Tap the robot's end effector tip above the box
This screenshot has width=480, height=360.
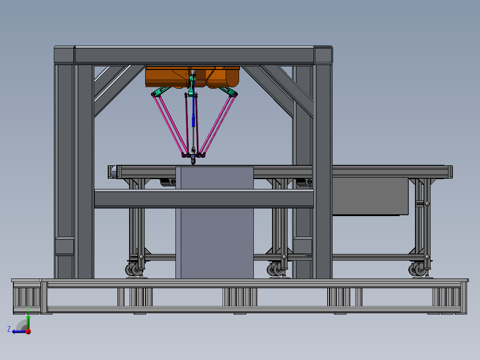(192, 162)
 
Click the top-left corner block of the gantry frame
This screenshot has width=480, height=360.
(64, 55)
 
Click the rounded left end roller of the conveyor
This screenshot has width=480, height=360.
(113, 172)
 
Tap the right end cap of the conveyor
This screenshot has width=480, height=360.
(450, 172)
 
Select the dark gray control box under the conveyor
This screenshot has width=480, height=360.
(370, 196)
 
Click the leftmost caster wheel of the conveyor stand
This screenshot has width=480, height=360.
(133, 270)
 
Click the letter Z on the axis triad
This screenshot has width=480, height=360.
(9, 329)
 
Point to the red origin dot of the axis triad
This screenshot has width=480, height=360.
(28, 331)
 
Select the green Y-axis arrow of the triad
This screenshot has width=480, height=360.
(28, 320)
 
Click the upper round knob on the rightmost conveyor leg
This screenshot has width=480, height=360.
(427, 204)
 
